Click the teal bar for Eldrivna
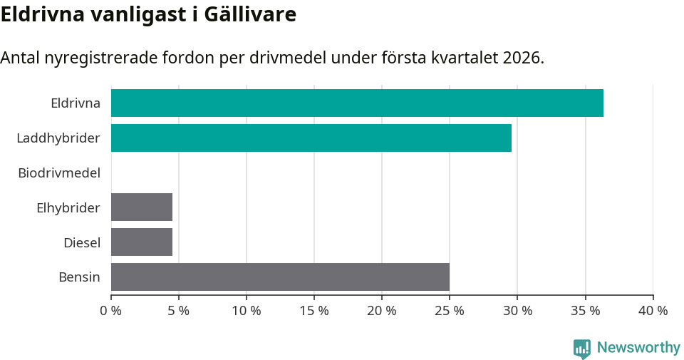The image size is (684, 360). (x=357, y=103)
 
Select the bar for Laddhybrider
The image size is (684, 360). (x=311, y=138)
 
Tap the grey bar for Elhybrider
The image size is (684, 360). (x=142, y=207)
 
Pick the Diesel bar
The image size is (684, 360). (x=142, y=242)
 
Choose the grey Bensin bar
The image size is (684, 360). (x=280, y=277)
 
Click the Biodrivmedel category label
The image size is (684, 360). (x=59, y=173)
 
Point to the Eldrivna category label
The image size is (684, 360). (x=75, y=103)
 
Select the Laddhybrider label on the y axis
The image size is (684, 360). (x=58, y=138)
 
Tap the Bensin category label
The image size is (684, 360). (x=79, y=277)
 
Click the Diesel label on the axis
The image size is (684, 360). (x=81, y=242)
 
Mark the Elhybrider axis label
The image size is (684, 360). (x=68, y=207)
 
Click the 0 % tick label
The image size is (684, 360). (x=111, y=311)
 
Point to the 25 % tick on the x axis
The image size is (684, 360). (x=450, y=311)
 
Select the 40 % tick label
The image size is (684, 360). (x=653, y=311)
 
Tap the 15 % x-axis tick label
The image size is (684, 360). (x=314, y=311)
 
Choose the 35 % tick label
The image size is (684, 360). (x=585, y=311)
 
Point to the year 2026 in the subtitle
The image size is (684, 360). (x=521, y=58)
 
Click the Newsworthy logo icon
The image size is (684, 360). (x=581, y=348)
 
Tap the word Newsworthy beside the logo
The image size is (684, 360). (x=638, y=348)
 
